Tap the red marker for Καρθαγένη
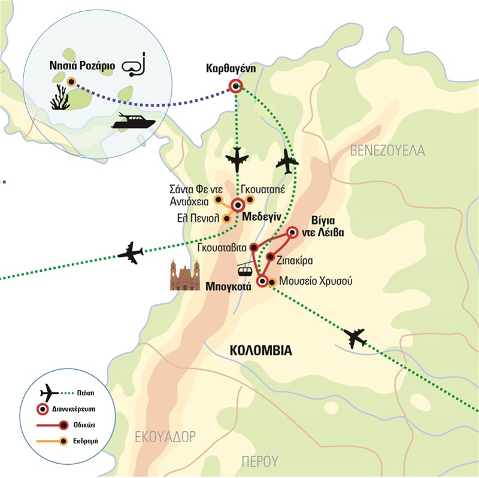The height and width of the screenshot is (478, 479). tap(235, 86)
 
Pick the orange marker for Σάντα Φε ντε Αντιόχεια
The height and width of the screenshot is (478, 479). tap(218, 199)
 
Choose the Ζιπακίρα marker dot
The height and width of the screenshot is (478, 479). tap(271, 258)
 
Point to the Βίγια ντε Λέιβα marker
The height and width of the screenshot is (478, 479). tap(293, 232)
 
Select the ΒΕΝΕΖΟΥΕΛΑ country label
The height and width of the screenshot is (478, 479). tap(388, 150)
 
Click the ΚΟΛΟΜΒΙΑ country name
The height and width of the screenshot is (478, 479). tap(261, 351)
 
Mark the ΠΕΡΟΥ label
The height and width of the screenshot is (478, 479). tap(260, 461)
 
